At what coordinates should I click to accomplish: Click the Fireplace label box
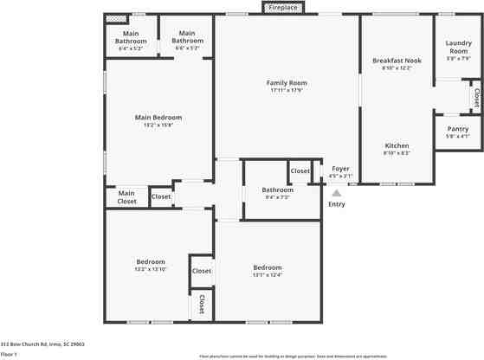(x=283, y=8)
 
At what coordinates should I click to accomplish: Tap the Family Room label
(x=287, y=83)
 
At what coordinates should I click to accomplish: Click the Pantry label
(x=457, y=129)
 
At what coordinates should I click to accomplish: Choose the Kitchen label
(x=397, y=145)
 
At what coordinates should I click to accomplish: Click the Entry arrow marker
(x=337, y=194)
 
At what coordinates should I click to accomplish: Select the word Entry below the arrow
(x=337, y=204)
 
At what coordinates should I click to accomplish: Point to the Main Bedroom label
(x=158, y=117)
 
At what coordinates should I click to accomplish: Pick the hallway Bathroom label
(x=278, y=190)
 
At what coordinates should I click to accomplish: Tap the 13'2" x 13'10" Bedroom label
(x=150, y=261)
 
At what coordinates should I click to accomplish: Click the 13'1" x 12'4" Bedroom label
(x=267, y=267)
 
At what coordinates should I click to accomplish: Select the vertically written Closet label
(x=202, y=304)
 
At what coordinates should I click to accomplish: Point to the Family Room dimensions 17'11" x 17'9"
(x=287, y=90)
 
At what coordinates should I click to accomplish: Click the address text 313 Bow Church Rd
(x=42, y=344)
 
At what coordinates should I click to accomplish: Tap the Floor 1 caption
(x=9, y=354)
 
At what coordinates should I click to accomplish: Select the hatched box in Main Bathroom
(x=113, y=17)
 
